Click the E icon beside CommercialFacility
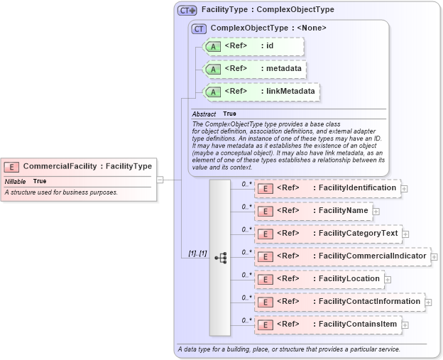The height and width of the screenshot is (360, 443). click(12, 167)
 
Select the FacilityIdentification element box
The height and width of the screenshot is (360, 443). click(327, 188)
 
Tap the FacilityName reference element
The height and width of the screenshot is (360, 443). click(313, 211)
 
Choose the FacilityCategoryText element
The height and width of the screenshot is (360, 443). click(327, 234)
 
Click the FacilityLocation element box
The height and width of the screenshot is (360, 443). click(319, 279)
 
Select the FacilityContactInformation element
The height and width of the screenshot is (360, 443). click(339, 302)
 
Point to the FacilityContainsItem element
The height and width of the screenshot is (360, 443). click(327, 324)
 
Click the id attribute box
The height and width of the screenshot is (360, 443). click(253, 47)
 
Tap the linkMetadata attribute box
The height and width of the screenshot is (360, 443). click(261, 92)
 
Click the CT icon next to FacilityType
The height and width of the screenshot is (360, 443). click(187, 10)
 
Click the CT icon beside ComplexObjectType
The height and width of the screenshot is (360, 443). click(199, 28)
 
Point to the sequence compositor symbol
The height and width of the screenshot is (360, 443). click(220, 258)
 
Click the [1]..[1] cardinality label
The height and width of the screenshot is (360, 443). click(197, 253)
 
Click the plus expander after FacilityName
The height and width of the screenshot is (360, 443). click(376, 212)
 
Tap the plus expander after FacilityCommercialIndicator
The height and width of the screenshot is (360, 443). click(434, 257)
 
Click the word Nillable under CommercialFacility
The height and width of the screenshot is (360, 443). click(15, 181)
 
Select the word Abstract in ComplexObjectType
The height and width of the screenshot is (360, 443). click(204, 114)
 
